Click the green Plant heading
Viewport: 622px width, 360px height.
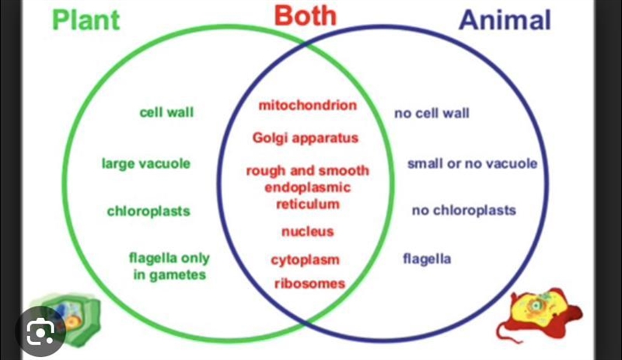[86, 20]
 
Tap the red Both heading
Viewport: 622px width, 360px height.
[305, 16]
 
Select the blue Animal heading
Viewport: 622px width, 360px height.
[505, 19]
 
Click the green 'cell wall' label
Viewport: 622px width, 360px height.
[166, 112]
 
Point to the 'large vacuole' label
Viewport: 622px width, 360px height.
[146, 163]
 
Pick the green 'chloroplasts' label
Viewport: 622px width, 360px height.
[149, 211]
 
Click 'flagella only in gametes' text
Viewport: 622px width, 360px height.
[169, 267]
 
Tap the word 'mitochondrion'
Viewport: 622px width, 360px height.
[308, 105]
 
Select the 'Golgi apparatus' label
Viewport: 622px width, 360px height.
[306, 138]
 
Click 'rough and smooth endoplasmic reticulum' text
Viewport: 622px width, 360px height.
[308, 187]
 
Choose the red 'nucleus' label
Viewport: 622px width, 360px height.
[308, 232]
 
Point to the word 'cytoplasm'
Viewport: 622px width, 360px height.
[306, 260]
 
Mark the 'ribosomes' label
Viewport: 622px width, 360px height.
[309, 283]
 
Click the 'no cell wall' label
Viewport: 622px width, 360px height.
[432, 114]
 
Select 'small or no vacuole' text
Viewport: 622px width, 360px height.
[472, 163]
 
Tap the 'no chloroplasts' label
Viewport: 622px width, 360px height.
[463, 211]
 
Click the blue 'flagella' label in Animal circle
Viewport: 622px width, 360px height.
[427, 259]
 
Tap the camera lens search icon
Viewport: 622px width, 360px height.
[40, 331]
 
